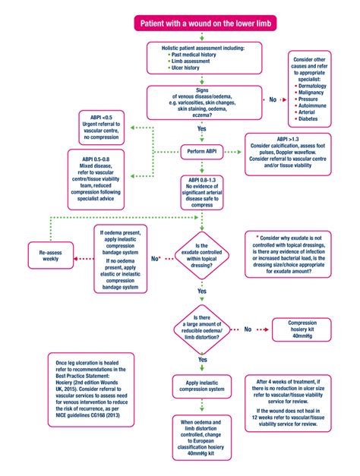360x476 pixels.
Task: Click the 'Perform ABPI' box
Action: point(202,150)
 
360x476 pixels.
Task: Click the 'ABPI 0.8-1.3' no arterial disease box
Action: point(203,191)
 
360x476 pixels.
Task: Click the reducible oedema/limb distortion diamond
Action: point(202,329)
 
